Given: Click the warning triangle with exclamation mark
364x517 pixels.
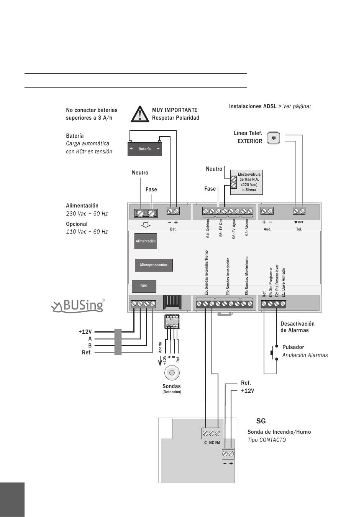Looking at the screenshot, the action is tap(140, 114).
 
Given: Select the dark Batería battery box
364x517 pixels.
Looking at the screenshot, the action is tap(145, 149).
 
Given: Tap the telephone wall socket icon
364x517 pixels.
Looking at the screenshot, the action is tap(274, 138).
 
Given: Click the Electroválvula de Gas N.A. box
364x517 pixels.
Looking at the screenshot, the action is tap(246, 182).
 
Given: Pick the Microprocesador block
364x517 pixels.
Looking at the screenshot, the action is tap(154, 265).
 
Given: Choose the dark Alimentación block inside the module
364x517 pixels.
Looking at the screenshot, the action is tap(146, 241).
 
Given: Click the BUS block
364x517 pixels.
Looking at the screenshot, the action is tap(144, 286).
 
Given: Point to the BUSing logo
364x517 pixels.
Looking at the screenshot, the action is tap(78, 306).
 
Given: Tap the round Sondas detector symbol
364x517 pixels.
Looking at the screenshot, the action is tap(172, 373).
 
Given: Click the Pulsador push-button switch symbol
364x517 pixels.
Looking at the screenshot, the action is tap(274, 353).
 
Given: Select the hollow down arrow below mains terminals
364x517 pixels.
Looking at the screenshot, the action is tap(146, 225).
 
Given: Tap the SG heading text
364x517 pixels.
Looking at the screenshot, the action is tap(261, 421).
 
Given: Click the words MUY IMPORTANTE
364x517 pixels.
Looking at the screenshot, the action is tap(175, 110).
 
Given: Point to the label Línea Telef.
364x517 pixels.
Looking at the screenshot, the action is tap(248, 133).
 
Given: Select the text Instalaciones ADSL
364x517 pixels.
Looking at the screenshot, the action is tap(253, 106).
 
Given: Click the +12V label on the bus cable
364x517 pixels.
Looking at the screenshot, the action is tap(85, 332).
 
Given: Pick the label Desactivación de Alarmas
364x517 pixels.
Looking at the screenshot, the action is tap(297, 327).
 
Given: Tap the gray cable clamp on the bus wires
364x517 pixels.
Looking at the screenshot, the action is tap(118, 342).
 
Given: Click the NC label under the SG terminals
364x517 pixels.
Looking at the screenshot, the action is tap(212, 443).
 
